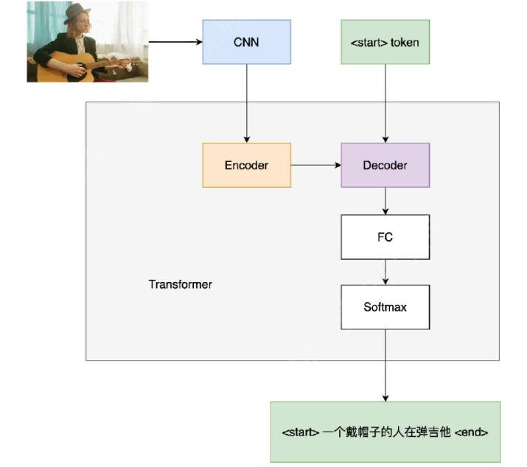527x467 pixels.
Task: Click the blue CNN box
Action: click(246, 42)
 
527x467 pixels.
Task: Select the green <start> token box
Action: click(385, 42)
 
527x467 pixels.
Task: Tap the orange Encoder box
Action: click(246, 165)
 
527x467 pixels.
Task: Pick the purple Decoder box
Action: click(385, 165)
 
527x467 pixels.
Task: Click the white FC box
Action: click(385, 237)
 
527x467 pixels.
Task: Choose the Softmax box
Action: click(385, 306)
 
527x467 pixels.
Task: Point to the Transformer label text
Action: click(180, 284)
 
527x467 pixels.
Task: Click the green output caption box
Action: click(385, 432)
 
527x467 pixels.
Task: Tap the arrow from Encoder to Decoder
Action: click(315, 165)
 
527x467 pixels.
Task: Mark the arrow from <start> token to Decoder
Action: click(385, 103)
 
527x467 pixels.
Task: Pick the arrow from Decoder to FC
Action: click(385, 200)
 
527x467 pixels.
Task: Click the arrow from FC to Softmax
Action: click(385, 272)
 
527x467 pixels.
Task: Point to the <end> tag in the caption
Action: click(471, 432)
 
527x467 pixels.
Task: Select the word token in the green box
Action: click(405, 43)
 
